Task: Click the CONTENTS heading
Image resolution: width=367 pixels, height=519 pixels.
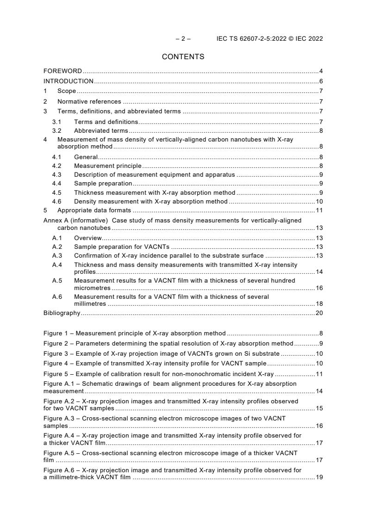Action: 183,57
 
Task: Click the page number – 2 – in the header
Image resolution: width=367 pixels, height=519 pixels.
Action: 183,39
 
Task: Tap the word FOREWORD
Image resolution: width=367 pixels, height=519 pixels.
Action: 62,71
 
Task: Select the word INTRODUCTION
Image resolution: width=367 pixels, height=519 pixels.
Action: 68,81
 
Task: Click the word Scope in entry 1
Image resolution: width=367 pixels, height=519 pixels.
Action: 67,91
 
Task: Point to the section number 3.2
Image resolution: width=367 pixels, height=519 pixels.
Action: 57,131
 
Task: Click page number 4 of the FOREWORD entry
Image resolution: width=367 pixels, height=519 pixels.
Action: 321,71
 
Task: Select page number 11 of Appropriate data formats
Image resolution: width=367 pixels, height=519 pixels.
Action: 319,210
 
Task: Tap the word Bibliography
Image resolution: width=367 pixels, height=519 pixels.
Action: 62,313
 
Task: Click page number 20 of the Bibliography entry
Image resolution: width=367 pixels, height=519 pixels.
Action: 319,313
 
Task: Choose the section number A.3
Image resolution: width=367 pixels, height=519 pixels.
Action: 57,256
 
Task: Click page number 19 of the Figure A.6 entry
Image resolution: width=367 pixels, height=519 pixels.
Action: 319,477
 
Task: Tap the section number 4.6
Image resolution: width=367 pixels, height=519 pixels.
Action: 57,201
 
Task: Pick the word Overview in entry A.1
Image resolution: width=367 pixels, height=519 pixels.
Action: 87,238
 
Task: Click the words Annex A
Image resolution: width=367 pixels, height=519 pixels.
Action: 55,221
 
